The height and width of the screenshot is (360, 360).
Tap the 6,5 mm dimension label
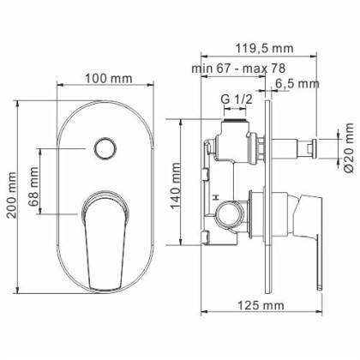297,83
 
